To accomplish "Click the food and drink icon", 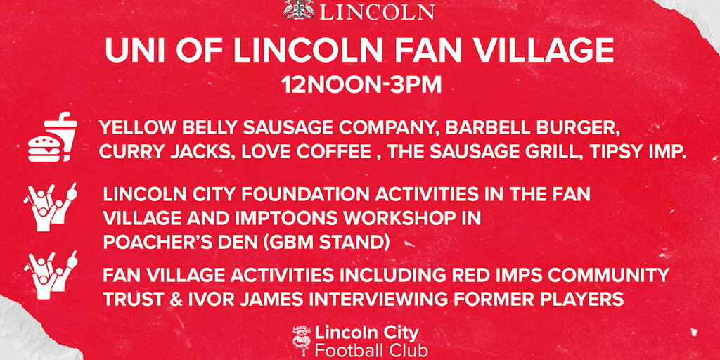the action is pos(52,137).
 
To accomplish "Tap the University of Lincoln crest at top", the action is pos(299,9).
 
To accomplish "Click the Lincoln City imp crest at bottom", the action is pos(302,341).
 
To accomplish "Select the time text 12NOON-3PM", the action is pos(361,84).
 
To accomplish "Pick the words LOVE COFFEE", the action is pos(307,152).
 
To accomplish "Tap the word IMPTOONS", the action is pos(286,219).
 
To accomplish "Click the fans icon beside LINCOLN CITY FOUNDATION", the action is pos(51,207).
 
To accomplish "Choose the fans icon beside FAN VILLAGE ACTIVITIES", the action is pos(51,275).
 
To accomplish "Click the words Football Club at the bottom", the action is pos(371,350).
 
